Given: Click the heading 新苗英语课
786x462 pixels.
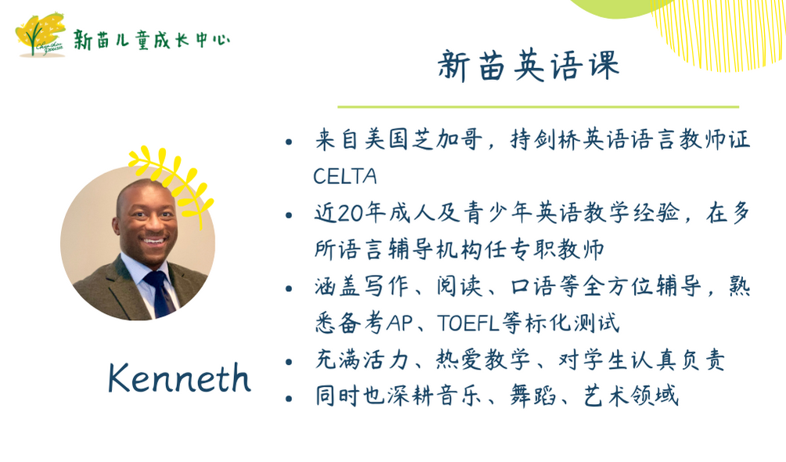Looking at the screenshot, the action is (529, 66).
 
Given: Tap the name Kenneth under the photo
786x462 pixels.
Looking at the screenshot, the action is (179, 377).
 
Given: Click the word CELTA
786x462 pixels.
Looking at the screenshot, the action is (345, 176).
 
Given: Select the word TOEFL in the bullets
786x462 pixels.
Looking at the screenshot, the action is (468, 323).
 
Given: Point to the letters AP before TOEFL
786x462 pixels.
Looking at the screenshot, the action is (399, 323).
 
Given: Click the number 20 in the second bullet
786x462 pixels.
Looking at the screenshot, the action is (350, 213).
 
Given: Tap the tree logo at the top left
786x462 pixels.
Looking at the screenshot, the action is (41, 34).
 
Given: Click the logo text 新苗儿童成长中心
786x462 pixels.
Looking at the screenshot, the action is (152, 40).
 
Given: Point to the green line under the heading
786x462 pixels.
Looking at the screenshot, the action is (538, 106).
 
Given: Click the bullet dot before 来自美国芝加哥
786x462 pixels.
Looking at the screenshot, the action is (288, 142).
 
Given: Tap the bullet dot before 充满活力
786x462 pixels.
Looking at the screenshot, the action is (288, 362).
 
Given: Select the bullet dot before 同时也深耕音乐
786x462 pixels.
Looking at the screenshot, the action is (288, 399).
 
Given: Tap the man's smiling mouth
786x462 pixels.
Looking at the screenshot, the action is (153, 240).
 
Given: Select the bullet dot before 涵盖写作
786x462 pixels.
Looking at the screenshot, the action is (288, 289).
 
